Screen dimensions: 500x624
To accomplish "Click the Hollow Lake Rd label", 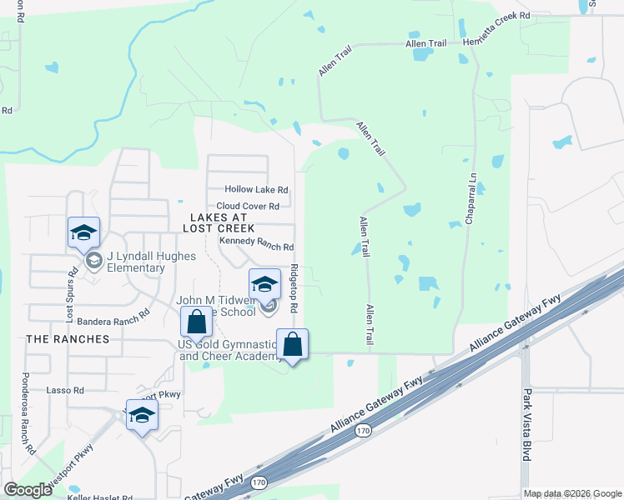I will [x=256, y=190].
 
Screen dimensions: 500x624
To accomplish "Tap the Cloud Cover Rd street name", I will [x=253, y=206].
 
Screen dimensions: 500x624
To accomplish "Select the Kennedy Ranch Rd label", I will [x=256, y=247].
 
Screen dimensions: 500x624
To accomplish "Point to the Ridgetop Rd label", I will [x=294, y=288].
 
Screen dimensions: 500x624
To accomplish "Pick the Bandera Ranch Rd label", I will [x=113, y=318].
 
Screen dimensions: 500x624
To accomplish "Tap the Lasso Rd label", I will [x=67, y=390].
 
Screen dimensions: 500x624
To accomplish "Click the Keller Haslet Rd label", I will [x=100, y=497].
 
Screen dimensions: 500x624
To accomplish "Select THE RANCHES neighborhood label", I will [x=68, y=339].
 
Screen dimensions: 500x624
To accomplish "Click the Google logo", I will [x=28, y=489].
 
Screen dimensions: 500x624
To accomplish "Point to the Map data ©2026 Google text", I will [x=571, y=493].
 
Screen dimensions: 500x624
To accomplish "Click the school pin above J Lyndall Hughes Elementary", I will [x=83, y=233].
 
